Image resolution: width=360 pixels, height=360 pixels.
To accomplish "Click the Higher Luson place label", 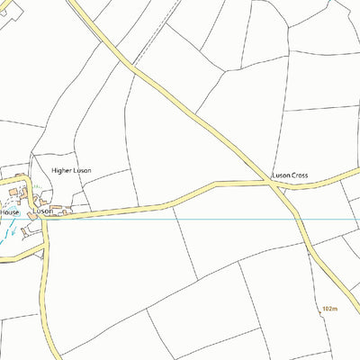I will [71, 170].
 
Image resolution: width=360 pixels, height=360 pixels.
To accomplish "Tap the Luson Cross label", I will [291, 175].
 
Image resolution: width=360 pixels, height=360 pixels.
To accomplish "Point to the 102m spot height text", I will [328, 309].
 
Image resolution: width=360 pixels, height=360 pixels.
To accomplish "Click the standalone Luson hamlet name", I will [42, 211].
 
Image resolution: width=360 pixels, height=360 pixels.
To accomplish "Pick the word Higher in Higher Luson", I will [61, 170].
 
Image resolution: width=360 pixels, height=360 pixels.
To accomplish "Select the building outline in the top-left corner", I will [4, 9].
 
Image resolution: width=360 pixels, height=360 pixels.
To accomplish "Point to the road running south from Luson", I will [49, 297].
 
